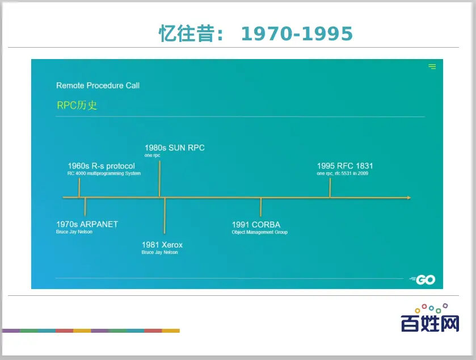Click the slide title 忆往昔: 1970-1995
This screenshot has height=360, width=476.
pyautogui.click(x=255, y=34)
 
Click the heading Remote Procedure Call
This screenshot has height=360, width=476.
pyautogui.click(x=98, y=85)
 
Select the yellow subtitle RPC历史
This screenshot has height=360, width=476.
pyautogui.click(x=77, y=105)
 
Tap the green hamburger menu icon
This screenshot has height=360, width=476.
pyautogui.click(x=432, y=66)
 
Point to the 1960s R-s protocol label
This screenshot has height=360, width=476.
pyautogui.click(x=101, y=166)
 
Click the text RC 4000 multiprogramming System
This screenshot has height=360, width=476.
pyautogui.click(x=104, y=173)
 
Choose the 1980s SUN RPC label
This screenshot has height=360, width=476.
pyautogui.click(x=175, y=148)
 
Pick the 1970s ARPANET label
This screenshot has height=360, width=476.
pyautogui.click(x=87, y=224)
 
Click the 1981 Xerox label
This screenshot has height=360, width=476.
pyautogui.click(x=162, y=245)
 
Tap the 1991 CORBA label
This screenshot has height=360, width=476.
pyautogui.click(x=256, y=224)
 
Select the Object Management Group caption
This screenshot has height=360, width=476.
pyautogui.click(x=259, y=232)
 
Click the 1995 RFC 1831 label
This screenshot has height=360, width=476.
pyautogui.click(x=345, y=166)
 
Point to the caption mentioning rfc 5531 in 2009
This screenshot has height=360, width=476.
pyautogui.click(x=343, y=173)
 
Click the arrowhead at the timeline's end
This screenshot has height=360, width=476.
pyautogui.click(x=409, y=198)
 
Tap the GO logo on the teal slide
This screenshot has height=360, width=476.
pyautogui.click(x=423, y=279)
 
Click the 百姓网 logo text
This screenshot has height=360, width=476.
pyautogui.click(x=430, y=323)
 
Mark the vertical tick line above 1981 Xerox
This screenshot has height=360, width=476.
pyautogui.click(x=165, y=216)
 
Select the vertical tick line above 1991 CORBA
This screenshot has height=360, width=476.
pyautogui.click(x=260, y=207)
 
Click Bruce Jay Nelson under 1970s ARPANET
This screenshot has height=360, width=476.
pyautogui.click(x=74, y=232)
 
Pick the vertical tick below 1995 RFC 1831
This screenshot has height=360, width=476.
pyautogui.click(x=330, y=188)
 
